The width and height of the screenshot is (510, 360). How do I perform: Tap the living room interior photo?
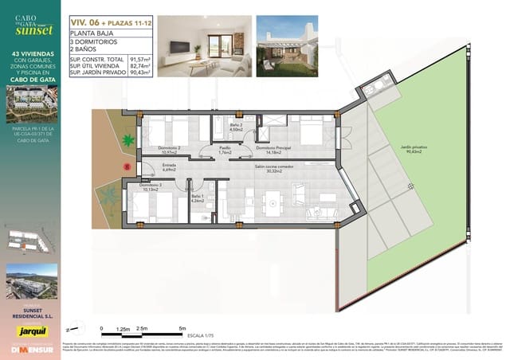coord(202,45)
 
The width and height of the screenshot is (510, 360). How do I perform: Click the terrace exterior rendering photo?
coord(287,45)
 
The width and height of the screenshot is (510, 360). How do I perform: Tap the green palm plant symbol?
coord(127,142)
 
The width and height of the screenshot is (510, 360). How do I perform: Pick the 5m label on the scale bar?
coord(183,327)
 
